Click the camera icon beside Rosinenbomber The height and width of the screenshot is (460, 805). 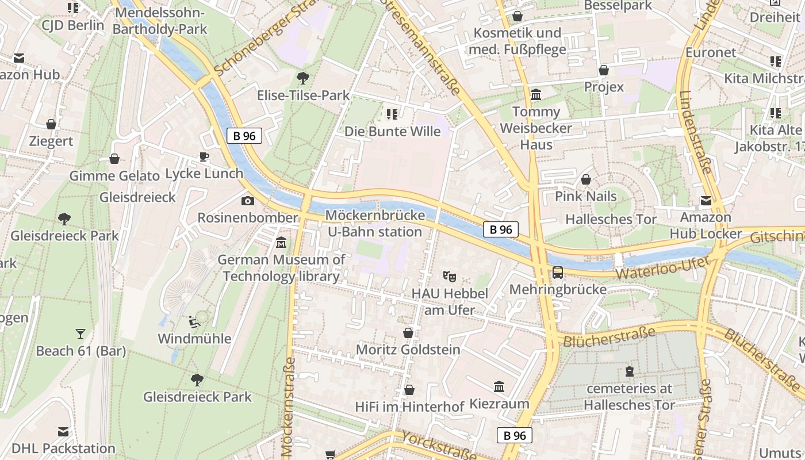click(248, 201)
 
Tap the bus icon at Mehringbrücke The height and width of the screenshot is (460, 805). click(558, 273)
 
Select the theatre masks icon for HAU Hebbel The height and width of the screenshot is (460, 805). click(450, 277)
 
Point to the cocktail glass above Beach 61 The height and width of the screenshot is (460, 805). click(80, 333)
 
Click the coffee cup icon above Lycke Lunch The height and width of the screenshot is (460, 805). click(204, 156)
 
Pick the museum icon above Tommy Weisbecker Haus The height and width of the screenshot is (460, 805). click(536, 94)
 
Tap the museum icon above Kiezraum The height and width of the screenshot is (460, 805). click(499, 387)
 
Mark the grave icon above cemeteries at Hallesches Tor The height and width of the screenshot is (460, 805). click(629, 371)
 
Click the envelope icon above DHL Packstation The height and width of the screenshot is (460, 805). click(63, 432)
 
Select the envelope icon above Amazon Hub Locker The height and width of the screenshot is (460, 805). click(706, 201)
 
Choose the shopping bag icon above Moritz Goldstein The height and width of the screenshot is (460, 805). click(408, 333)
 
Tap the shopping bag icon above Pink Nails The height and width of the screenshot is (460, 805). click(586, 180)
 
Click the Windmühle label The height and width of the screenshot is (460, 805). click(194, 338)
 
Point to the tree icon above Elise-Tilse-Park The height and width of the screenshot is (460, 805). click(302, 78)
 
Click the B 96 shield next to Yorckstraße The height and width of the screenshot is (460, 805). click(515, 435)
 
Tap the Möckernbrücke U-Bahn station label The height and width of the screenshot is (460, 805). click(375, 224)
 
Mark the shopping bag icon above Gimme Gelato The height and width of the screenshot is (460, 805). click(114, 159)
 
